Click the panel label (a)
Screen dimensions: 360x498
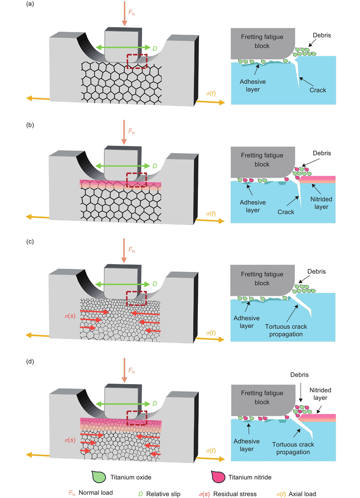point(30,4)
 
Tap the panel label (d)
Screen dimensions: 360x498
point(30,362)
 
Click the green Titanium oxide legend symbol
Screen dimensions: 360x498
point(99,477)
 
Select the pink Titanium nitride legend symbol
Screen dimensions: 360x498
point(218,477)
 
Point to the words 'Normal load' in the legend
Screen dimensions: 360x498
point(95,493)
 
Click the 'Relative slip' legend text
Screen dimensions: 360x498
point(163,494)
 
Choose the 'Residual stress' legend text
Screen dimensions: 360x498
point(235,494)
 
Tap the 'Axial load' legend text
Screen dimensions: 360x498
point(302,494)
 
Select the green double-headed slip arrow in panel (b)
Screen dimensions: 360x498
point(122,166)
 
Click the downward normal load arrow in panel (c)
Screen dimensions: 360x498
point(124,251)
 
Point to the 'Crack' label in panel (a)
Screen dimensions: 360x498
point(318,90)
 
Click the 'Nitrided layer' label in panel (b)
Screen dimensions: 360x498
point(321,203)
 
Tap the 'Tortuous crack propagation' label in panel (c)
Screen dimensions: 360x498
point(286,330)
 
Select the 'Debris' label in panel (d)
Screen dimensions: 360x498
point(299,375)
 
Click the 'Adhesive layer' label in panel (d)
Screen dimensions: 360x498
point(247,445)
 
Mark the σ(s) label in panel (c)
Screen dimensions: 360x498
point(70,316)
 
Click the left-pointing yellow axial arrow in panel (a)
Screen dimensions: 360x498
point(38,99)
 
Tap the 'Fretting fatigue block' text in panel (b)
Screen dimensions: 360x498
point(262,160)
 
